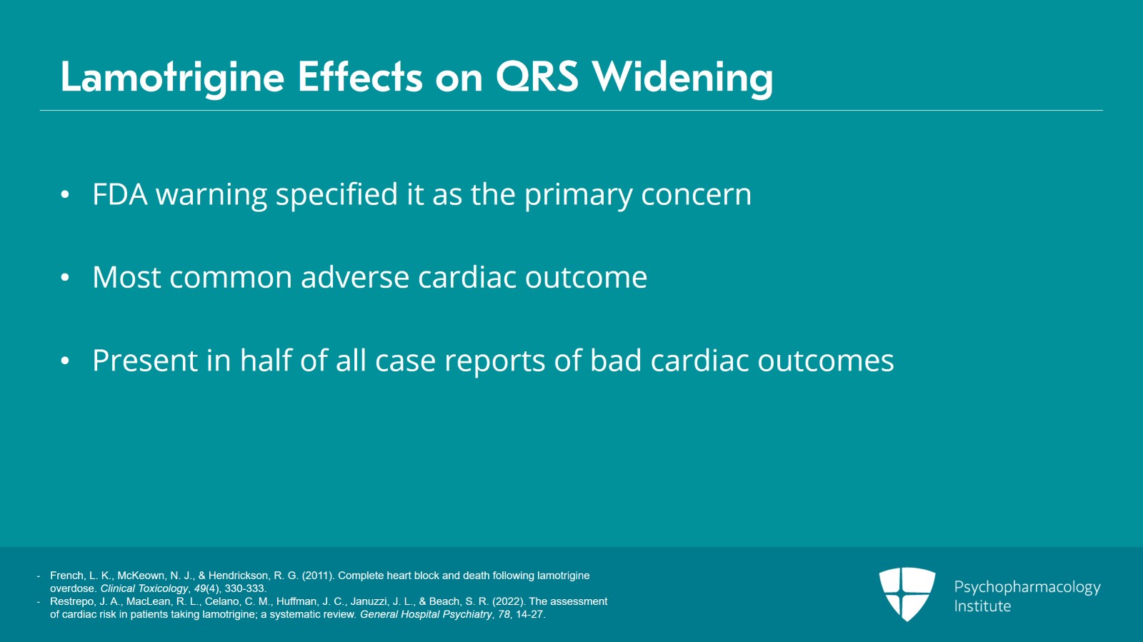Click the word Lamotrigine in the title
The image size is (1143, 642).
[172, 77]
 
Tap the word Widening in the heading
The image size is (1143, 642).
[682, 77]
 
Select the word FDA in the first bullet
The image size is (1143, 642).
[120, 195]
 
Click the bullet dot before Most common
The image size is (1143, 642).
[65, 278]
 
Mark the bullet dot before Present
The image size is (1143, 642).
[65, 361]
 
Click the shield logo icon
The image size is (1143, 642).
[907, 593]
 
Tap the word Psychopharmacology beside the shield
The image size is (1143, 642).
[1027, 587]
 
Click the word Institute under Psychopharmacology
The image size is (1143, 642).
[982, 606]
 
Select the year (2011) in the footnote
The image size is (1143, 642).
[318, 576]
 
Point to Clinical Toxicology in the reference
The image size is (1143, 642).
[144, 588]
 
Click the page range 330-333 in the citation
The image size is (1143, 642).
[245, 588]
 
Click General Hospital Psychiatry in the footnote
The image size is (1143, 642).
[426, 614]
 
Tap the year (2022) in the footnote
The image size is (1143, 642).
[508, 601]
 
